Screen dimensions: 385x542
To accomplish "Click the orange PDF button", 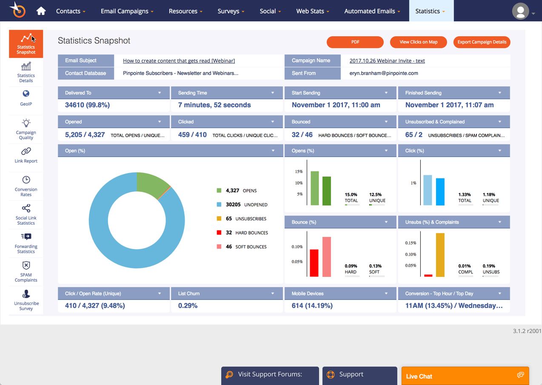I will point(355,42).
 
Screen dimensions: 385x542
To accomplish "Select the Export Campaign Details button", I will point(482,42).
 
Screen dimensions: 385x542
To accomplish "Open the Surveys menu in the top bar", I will point(231,11).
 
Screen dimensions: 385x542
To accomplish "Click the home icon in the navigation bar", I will point(41,11).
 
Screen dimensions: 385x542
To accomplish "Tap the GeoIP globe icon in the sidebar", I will point(26,94).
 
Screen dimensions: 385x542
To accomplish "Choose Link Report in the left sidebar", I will point(26,155).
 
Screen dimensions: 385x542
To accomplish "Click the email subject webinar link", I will point(179,61).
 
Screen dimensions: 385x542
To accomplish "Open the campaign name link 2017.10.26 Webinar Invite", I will point(387,61).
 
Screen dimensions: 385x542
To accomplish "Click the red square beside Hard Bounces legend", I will point(219,233).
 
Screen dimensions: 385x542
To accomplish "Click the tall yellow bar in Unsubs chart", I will point(440,255).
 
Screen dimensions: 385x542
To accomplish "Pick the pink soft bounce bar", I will point(326,257).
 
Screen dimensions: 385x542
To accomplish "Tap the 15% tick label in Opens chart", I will point(299,172).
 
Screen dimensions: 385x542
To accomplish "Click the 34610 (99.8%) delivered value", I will point(87,105).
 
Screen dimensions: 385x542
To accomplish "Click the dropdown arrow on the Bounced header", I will point(386,122).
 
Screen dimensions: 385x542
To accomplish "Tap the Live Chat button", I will point(465,376).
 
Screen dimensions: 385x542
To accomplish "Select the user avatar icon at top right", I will point(520,11).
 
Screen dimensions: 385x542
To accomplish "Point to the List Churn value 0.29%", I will point(188,306).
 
